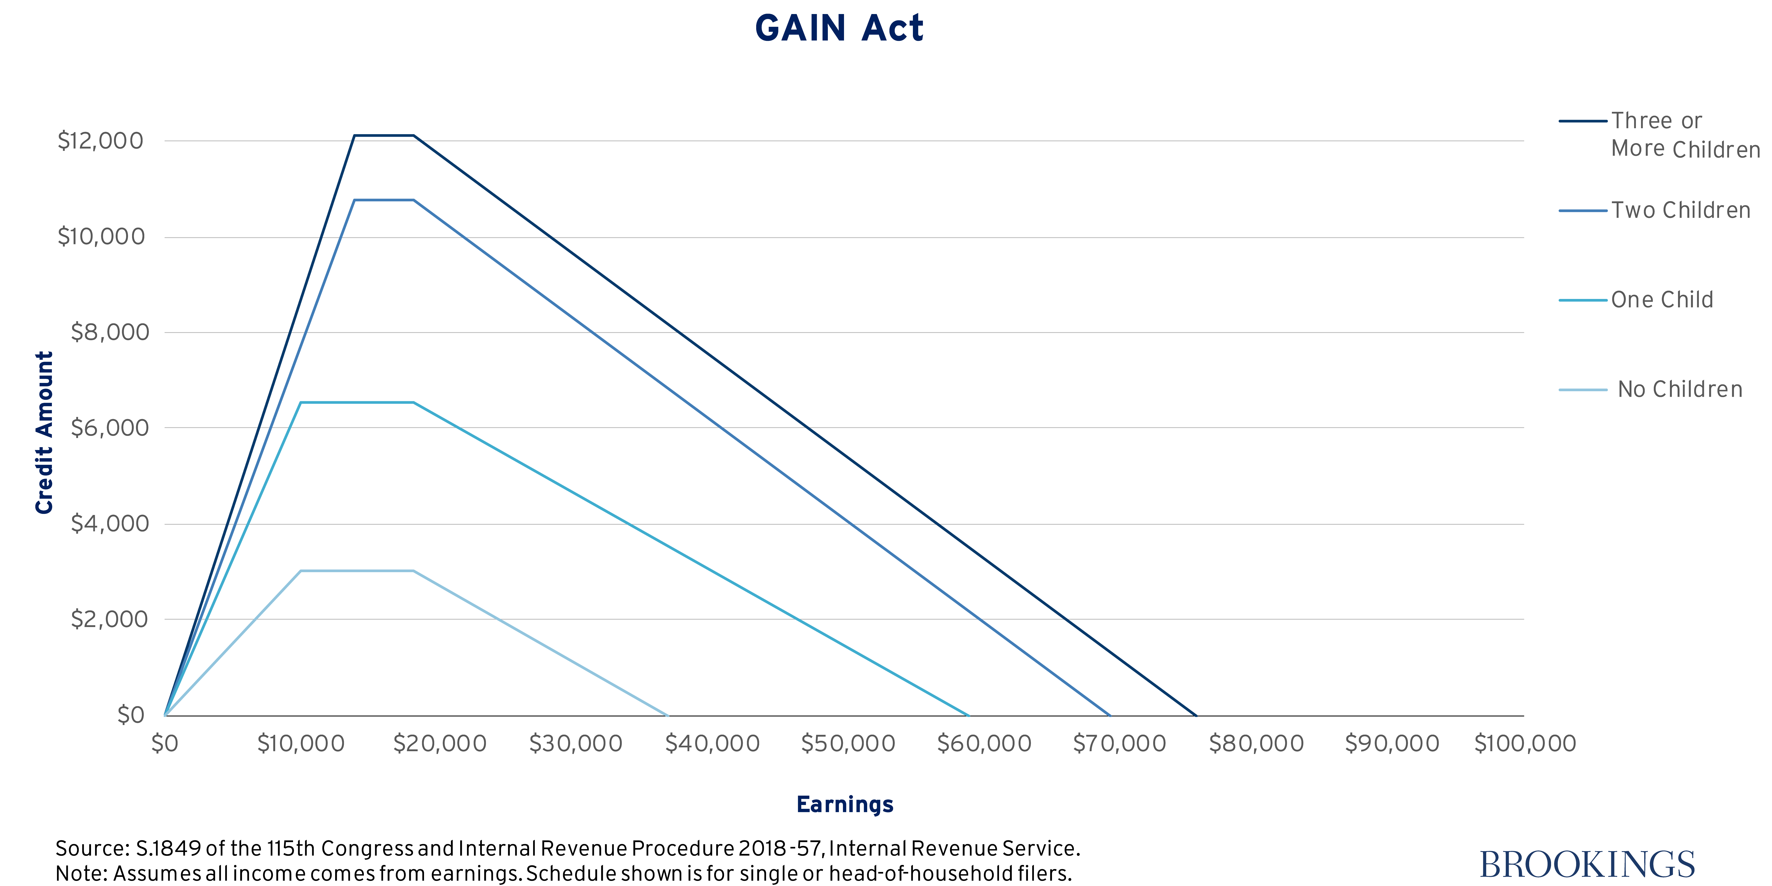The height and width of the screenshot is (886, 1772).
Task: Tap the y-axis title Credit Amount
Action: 44,432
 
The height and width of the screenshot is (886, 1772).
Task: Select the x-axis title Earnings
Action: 845,804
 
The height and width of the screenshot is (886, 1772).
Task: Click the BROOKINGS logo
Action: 1587,864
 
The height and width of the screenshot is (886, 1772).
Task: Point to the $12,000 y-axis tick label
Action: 100,141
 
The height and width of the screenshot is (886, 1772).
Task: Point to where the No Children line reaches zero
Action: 667,715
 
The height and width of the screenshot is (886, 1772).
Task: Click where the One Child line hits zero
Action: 969,715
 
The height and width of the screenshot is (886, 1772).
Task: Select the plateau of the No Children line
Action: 356,571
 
